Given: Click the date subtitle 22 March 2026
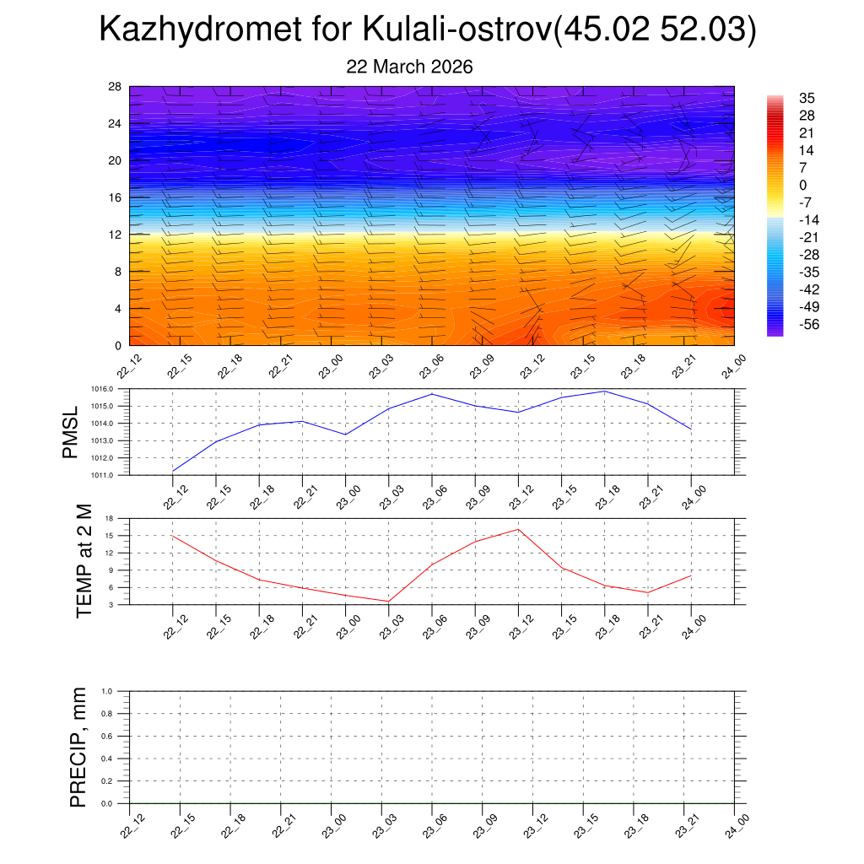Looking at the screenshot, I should (409, 67).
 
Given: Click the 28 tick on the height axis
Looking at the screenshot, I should (115, 87).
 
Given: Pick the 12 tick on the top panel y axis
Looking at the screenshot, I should (115, 235).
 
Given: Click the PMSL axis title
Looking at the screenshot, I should (71, 432).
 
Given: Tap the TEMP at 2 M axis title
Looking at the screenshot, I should (84, 561).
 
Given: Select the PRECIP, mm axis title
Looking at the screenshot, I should (78, 747).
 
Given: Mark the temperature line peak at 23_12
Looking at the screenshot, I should (518, 529).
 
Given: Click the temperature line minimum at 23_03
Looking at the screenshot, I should (388, 602).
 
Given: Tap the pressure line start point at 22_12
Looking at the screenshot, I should (173, 471).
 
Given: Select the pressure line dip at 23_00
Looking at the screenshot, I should (346, 435).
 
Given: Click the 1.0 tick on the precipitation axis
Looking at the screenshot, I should (119, 691).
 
